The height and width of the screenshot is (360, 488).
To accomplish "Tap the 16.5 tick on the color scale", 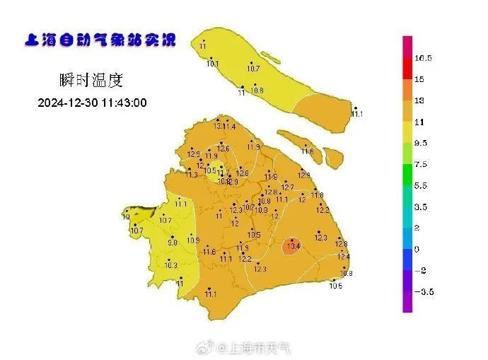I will point(424,58).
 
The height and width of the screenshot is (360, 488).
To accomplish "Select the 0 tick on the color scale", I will point(417,249).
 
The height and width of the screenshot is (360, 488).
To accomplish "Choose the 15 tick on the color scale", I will point(419,79).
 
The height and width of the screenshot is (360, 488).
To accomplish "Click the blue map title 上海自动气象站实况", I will point(99,40).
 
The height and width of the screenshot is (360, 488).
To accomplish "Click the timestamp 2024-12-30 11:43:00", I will point(92,103).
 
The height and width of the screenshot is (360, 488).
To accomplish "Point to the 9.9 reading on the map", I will point(172,243).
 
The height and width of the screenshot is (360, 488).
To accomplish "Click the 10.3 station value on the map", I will point(170,265).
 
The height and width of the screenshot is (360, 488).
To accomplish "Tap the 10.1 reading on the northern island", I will point(213,64).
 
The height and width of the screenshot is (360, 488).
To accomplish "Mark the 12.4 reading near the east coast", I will point(344,256).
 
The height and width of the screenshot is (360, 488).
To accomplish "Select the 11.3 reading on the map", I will point(192,175).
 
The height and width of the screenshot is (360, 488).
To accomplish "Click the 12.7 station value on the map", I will point(287,187).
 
